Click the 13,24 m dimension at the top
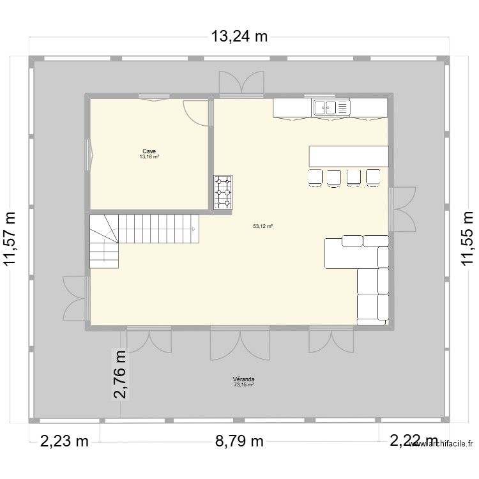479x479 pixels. click(x=240, y=37)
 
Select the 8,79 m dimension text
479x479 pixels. click(x=239, y=441)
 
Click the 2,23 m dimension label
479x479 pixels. click(x=65, y=441)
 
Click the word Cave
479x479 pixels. click(x=149, y=152)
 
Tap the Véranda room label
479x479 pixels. click(x=243, y=379)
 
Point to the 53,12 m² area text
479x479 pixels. click(x=262, y=225)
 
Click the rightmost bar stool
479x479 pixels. click(x=373, y=178)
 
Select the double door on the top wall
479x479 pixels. click(x=241, y=84)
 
